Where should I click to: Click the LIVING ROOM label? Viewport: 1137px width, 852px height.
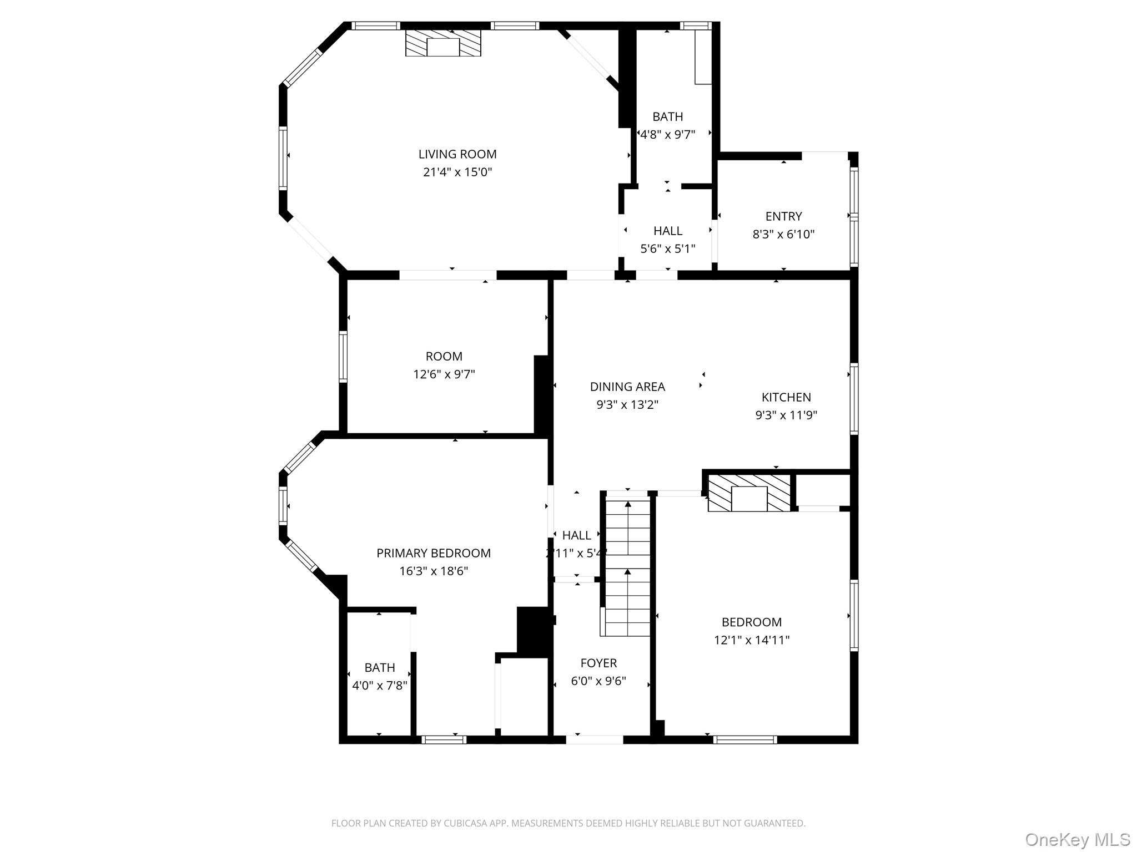click(457, 154)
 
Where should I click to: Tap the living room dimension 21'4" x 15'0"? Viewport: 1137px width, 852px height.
click(457, 172)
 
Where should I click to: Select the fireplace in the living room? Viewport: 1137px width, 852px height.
click(443, 43)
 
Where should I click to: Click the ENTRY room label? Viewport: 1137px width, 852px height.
click(783, 216)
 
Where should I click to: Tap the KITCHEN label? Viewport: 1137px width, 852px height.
click(786, 397)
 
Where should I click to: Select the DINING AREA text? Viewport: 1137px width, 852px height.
click(627, 387)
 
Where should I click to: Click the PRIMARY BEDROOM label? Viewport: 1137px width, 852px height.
click(434, 553)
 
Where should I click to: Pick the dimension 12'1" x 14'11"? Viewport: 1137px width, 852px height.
click(752, 640)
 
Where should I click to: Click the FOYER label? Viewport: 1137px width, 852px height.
click(598, 663)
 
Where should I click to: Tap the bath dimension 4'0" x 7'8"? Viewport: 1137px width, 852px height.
click(380, 686)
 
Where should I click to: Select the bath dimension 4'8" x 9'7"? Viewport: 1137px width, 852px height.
click(668, 134)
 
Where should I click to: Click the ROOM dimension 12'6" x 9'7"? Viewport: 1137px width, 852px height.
click(444, 374)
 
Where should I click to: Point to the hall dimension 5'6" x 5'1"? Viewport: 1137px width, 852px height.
click(668, 248)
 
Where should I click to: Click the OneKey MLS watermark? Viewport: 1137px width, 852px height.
click(1077, 840)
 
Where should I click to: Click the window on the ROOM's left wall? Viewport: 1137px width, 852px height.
click(343, 357)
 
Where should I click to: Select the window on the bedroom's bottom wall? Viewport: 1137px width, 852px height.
click(744, 739)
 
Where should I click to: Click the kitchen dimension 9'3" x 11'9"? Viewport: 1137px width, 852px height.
click(786, 415)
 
